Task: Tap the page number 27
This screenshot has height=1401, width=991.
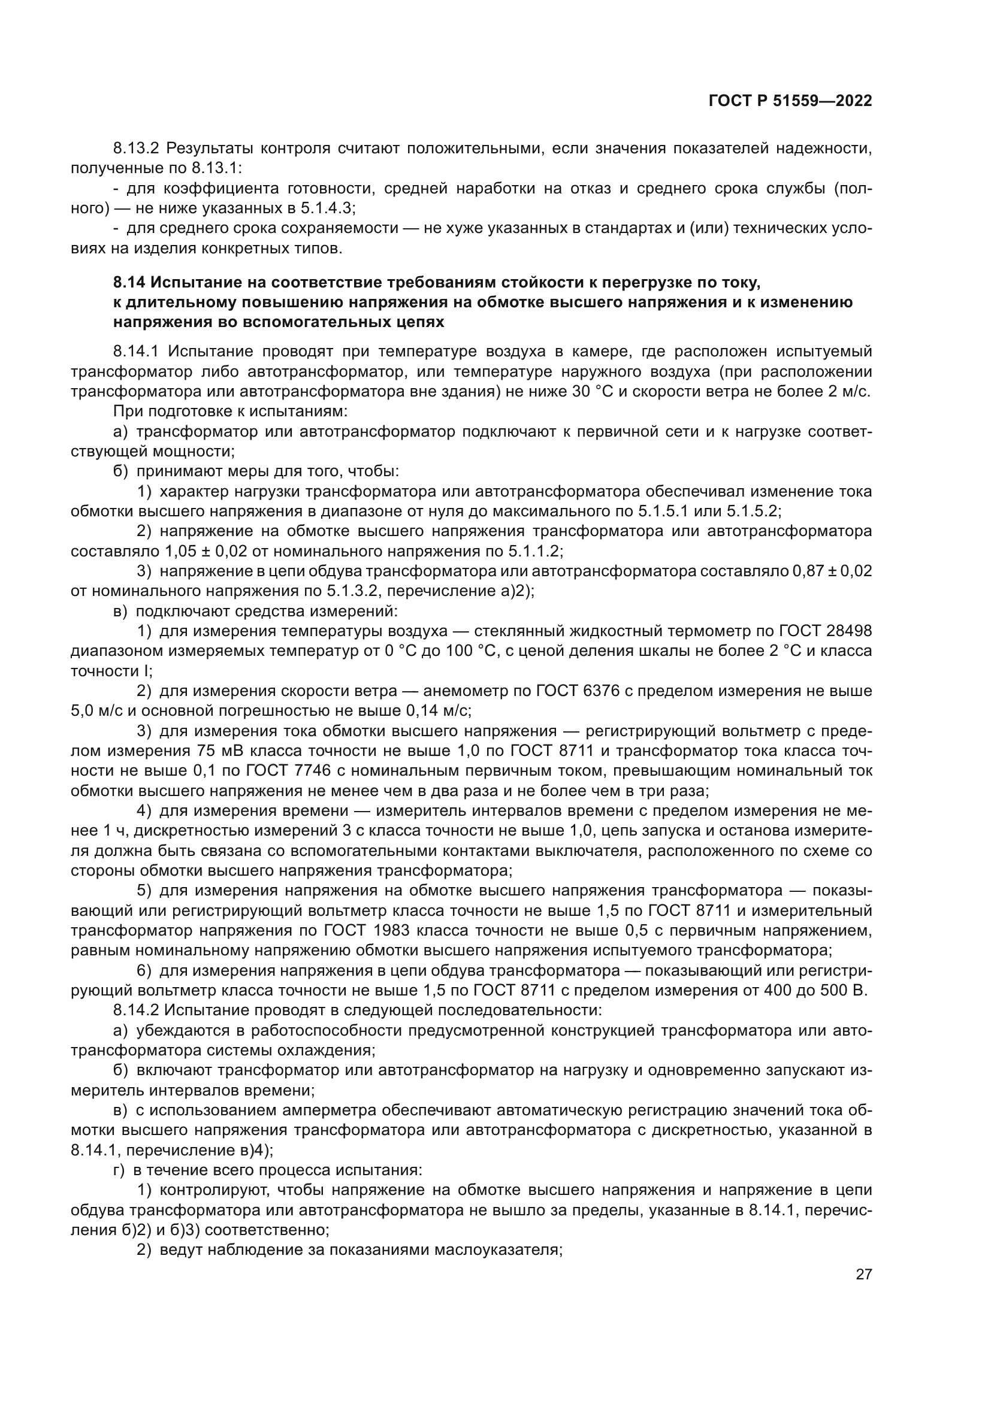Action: [x=863, y=1274]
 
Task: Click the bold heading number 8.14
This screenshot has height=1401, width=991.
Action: [x=129, y=283]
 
